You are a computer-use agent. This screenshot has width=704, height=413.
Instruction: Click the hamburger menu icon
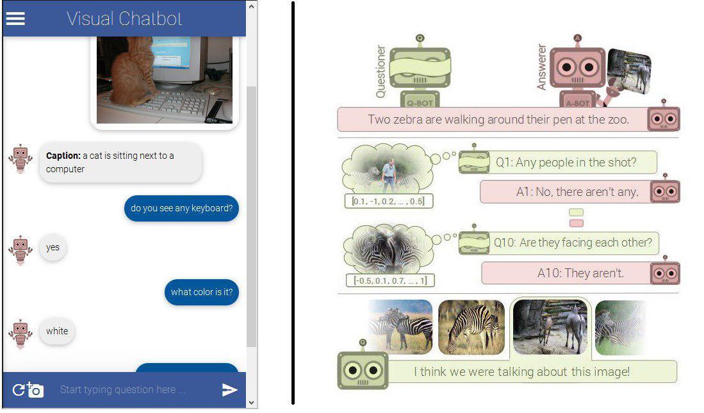coord(15,19)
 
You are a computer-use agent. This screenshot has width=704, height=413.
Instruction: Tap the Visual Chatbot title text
coord(124,19)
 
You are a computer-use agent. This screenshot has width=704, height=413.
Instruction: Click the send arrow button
coord(229,390)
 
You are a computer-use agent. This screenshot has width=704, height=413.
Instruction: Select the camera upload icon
coord(28,390)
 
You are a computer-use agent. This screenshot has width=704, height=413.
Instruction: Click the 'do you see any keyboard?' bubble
coord(181,208)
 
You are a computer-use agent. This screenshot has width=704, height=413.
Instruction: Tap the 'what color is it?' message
coord(201,292)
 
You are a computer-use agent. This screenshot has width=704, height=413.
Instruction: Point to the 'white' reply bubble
coord(57,331)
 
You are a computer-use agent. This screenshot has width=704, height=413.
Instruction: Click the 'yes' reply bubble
coord(53,247)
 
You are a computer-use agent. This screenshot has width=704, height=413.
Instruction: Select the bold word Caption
coord(63,156)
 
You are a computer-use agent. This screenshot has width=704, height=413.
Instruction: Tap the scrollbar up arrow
coord(251,6)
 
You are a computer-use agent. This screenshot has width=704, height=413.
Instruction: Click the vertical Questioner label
coord(381,72)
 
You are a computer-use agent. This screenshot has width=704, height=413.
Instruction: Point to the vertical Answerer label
coord(542,67)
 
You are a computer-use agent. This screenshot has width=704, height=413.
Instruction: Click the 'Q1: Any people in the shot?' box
coord(566,163)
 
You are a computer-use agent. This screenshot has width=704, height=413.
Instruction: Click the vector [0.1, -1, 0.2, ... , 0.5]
coord(389,201)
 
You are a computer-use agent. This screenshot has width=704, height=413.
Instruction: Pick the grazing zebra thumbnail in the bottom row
coord(472,327)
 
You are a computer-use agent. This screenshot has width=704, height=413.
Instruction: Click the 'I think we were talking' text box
coord(521,371)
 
